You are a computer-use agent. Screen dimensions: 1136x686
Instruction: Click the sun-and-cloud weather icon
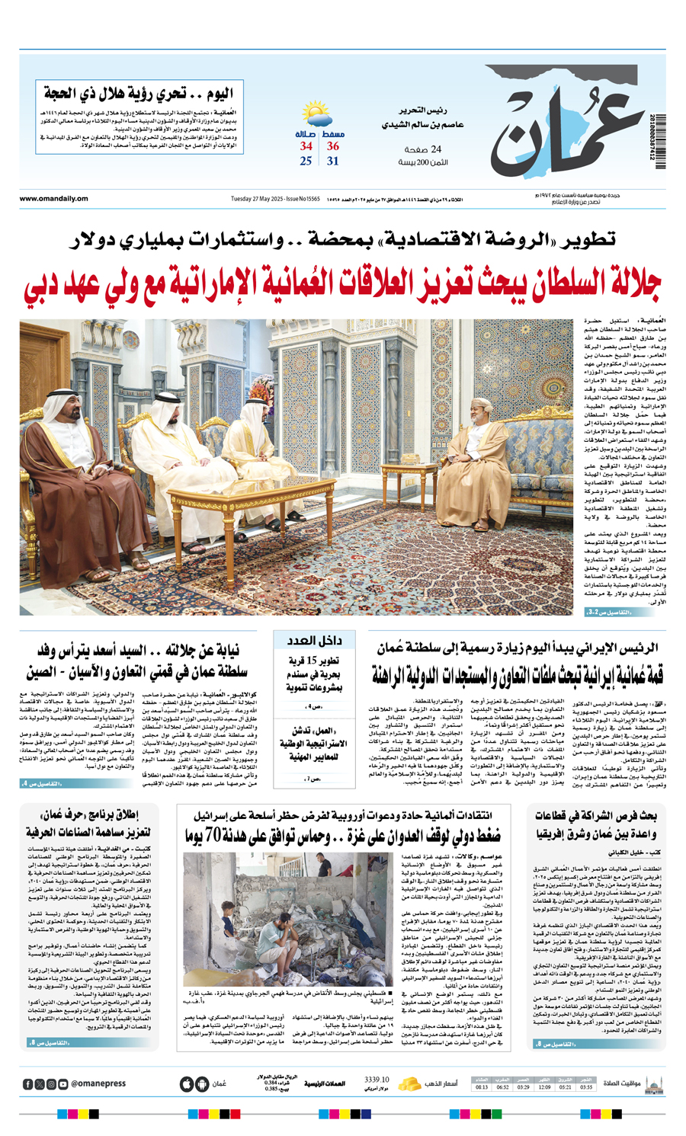[317, 115]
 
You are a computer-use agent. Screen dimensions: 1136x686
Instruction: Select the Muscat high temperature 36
[333, 146]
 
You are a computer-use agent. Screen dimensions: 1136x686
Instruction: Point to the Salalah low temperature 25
[306, 162]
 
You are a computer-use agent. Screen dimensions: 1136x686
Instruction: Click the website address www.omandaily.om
[53, 199]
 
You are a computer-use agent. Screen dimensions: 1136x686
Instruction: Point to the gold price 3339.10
[377, 1078]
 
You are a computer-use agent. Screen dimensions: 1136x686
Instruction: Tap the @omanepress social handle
[98, 1083]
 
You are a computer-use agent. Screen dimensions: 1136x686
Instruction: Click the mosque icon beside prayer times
[654, 1083]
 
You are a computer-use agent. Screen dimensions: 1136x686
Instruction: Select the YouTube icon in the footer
[63, 1083]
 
